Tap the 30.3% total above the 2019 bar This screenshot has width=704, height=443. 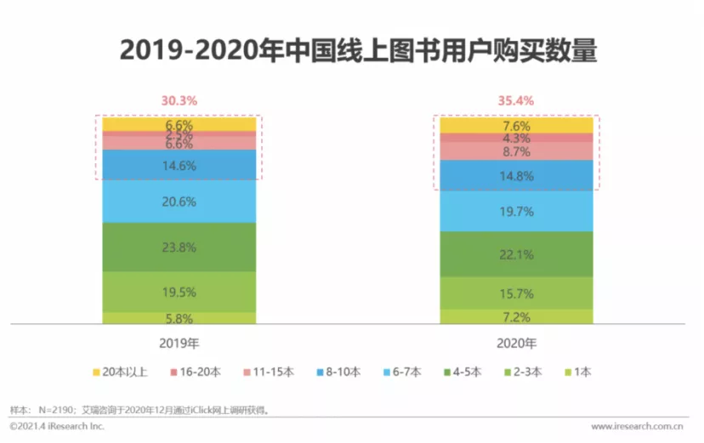pos(179,100)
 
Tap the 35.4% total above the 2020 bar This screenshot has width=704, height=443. pos(516,100)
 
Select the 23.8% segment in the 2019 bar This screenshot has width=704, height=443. pos(179,247)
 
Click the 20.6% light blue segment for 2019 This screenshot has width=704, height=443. pos(179,202)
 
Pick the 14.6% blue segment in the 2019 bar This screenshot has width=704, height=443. pos(179,166)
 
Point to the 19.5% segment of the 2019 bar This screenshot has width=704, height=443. pos(179,292)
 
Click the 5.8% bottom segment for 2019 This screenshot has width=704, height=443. pos(179,319)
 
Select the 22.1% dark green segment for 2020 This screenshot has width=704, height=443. pos(516,254)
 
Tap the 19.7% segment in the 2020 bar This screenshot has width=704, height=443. pos(516,211)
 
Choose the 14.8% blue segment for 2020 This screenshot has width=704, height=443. pos(516,176)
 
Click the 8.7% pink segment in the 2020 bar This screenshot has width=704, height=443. pos(516,151)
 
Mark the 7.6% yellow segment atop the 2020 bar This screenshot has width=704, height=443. pos(516,125)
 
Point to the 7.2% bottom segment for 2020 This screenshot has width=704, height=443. pos(516,317)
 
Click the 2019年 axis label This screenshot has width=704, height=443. pos(179,344)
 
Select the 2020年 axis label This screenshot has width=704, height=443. pos(516,344)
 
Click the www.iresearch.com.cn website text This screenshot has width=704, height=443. pos(639,425)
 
